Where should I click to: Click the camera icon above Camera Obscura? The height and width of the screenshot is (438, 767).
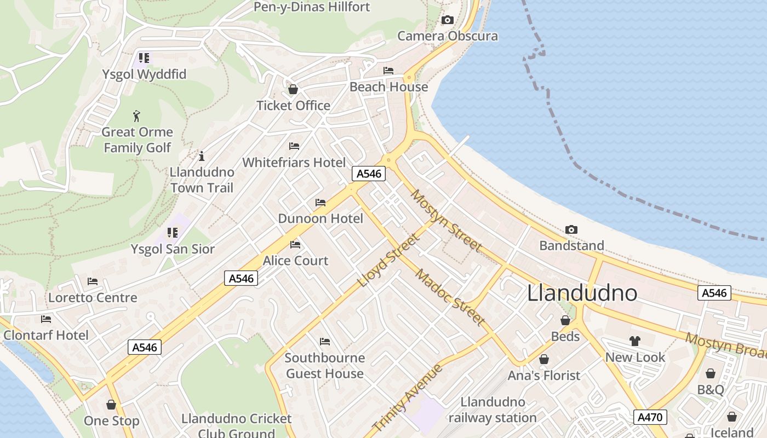(448, 20)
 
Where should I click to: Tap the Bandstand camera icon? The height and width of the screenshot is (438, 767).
(571, 229)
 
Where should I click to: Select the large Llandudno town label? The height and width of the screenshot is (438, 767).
(582, 293)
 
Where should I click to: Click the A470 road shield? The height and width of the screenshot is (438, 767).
(651, 417)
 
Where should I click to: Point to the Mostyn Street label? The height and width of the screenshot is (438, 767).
(447, 221)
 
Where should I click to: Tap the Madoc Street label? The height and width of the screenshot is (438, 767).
(450, 297)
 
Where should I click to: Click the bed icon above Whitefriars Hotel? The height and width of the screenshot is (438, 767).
(294, 146)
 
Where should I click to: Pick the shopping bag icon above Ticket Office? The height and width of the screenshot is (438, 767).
(293, 89)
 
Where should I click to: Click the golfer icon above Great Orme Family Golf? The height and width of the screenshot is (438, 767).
(136, 116)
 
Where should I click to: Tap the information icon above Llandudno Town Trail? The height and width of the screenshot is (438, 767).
(202, 156)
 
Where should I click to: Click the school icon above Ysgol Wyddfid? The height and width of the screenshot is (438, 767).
(144, 58)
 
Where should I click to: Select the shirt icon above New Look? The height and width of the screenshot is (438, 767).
(635, 341)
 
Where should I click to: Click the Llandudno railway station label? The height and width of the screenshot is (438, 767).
(493, 410)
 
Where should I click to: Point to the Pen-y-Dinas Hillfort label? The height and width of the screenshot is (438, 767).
(312, 7)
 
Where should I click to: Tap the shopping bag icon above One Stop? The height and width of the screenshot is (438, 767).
(111, 405)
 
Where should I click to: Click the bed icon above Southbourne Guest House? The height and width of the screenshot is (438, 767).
(325, 342)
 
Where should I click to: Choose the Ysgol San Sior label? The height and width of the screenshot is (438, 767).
(173, 249)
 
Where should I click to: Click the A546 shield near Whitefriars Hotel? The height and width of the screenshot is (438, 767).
(369, 174)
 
